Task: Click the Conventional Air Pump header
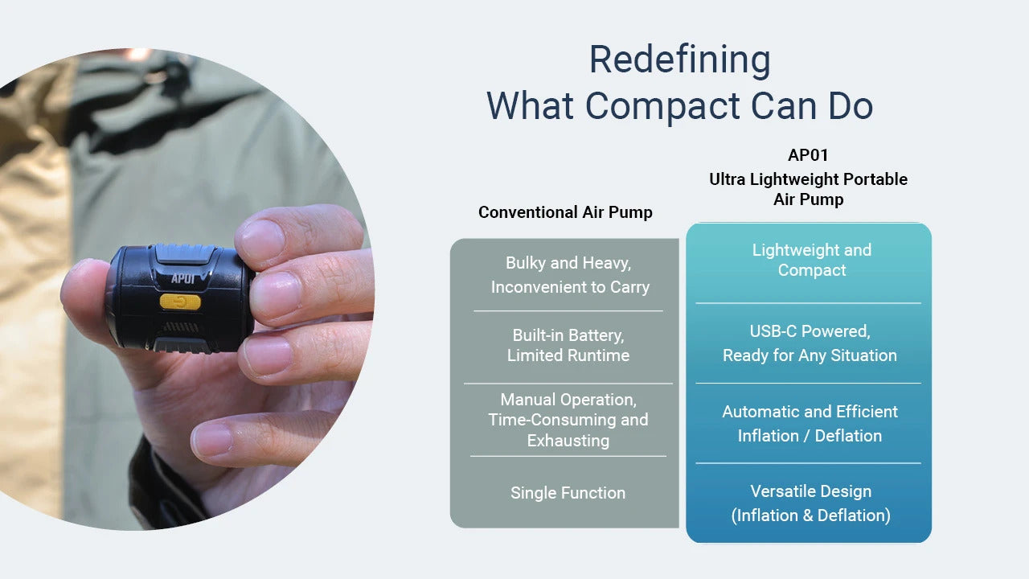pyautogui.click(x=565, y=212)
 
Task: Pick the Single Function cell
pyautogui.click(x=568, y=493)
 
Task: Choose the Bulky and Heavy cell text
pyautogui.click(x=570, y=275)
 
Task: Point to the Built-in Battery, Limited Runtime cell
pyautogui.click(x=568, y=345)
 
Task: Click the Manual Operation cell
pyautogui.click(x=568, y=420)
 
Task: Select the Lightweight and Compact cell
pyautogui.click(x=812, y=260)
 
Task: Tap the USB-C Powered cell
pyautogui.click(x=810, y=343)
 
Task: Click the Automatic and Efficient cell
pyautogui.click(x=810, y=424)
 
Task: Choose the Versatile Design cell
pyautogui.click(x=811, y=503)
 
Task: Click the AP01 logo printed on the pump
pyautogui.click(x=182, y=278)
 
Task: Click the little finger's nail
pyautogui.click(x=212, y=438)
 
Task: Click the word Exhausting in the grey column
pyautogui.click(x=568, y=440)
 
